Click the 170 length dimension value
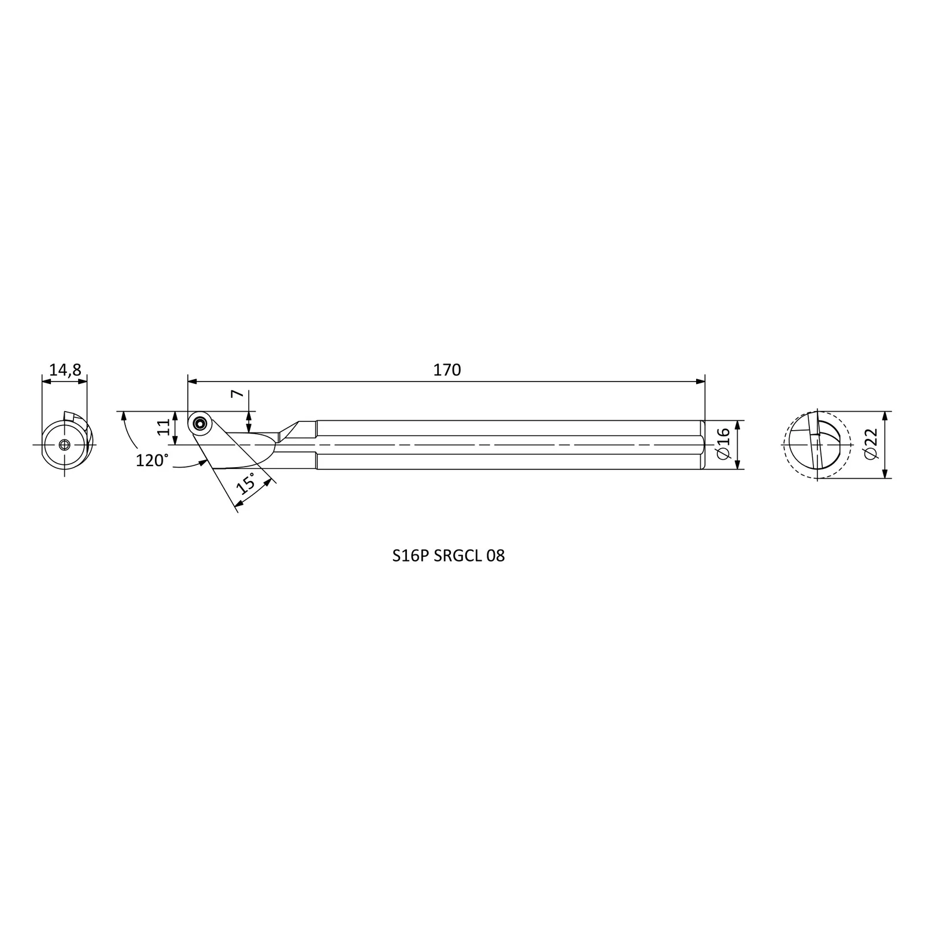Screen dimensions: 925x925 pyautogui.click(x=447, y=370)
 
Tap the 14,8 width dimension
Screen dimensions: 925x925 pyautogui.click(x=65, y=370)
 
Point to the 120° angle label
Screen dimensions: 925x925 pyautogui.click(x=153, y=460)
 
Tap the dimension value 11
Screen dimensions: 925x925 pyautogui.click(x=165, y=427)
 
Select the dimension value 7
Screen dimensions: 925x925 pyautogui.click(x=236, y=394)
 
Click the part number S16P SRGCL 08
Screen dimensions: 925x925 pyautogui.click(x=449, y=556)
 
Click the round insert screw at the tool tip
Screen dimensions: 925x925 pyautogui.click(x=201, y=423)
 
